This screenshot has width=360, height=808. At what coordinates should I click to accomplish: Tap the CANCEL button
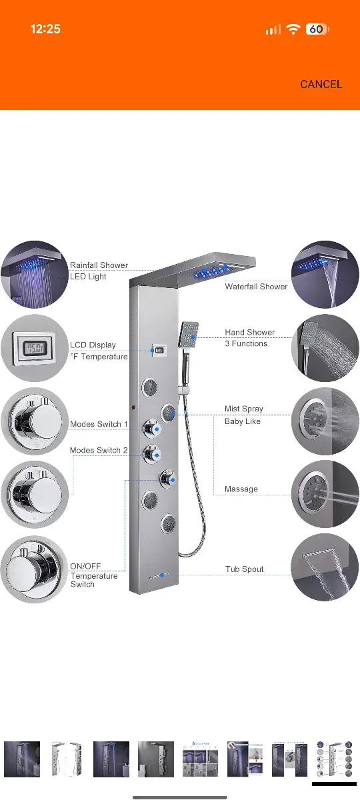(x=321, y=84)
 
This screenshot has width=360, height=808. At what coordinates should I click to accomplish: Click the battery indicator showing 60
(x=317, y=29)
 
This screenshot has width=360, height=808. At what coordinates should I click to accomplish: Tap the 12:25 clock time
(x=45, y=29)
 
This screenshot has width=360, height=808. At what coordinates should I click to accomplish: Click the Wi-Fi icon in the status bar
(x=293, y=29)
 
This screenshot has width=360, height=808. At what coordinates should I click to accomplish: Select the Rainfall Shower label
(x=99, y=265)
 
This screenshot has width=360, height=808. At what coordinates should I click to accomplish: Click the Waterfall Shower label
(x=256, y=287)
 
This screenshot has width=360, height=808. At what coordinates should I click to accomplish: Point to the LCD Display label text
(x=93, y=345)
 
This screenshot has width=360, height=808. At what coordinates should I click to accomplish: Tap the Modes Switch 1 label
(x=99, y=424)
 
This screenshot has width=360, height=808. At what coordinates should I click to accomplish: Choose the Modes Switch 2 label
(x=99, y=451)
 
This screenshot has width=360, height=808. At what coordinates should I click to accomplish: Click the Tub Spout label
(x=244, y=569)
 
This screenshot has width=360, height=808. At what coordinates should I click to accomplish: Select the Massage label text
(x=241, y=489)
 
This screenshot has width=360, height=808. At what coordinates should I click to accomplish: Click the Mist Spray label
(x=244, y=409)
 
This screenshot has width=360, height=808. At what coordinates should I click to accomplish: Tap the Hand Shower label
(x=249, y=332)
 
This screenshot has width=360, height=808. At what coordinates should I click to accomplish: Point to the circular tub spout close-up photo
(x=325, y=567)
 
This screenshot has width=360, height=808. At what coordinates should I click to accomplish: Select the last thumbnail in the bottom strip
(x=334, y=759)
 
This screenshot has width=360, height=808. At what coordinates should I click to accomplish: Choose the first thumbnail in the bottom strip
(x=22, y=759)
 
